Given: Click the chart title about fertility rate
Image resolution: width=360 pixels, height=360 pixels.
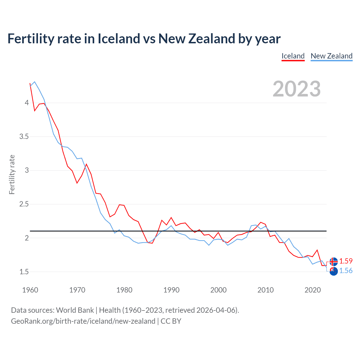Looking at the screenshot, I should click(x=144, y=39).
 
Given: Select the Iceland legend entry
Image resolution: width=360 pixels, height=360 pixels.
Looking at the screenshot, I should click(x=293, y=56).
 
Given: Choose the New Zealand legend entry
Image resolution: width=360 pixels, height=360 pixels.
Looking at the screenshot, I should click(x=331, y=56).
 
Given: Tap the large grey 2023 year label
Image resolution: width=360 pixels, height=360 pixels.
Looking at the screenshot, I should click(x=296, y=89).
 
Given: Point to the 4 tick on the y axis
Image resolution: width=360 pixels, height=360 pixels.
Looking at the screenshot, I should click(x=27, y=103).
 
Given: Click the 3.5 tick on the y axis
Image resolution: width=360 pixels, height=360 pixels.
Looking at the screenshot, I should click(x=24, y=137).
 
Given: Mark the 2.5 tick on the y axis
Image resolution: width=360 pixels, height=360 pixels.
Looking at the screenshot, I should click(x=24, y=204).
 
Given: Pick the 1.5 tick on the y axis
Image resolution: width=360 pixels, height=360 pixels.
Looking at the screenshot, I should click(x=24, y=272).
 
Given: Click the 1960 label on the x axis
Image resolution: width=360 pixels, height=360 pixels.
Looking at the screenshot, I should click(x=30, y=290).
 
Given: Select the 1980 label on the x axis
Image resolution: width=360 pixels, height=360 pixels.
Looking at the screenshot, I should click(x=124, y=290).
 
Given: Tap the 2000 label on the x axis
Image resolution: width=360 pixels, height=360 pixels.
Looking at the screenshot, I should click(x=218, y=290).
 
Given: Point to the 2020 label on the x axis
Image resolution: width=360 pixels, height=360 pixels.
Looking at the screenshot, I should click(x=312, y=290).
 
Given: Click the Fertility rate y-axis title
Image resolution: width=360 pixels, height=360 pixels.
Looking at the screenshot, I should click(x=12, y=174).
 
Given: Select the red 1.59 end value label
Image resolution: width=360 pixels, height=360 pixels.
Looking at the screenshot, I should click(x=346, y=261).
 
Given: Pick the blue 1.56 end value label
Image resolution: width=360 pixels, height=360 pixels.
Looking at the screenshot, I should click(x=346, y=271).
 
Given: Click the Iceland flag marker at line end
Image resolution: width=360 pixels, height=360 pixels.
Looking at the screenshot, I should click(x=334, y=262).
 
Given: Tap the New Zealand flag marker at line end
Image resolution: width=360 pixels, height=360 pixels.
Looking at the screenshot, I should click(x=334, y=271).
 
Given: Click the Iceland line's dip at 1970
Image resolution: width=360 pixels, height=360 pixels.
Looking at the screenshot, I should click(x=77, y=183).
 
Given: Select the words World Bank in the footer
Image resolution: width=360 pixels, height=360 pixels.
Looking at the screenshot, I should click(x=75, y=310).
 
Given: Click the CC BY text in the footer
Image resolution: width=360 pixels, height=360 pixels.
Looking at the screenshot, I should click(x=171, y=321).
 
